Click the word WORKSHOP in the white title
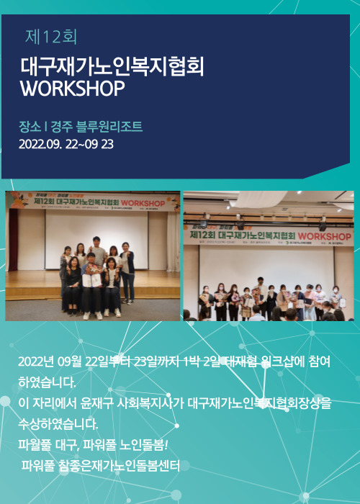[72, 89]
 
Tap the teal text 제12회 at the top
[51, 37]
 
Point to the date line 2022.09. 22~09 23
[66, 144]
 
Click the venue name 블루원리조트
[109, 127]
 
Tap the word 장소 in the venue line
[30, 127]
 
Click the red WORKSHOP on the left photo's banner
[143, 203]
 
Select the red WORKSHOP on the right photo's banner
[324, 237]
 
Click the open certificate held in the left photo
[91, 280]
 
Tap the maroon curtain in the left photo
[13, 240]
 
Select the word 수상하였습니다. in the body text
[58, 425]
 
